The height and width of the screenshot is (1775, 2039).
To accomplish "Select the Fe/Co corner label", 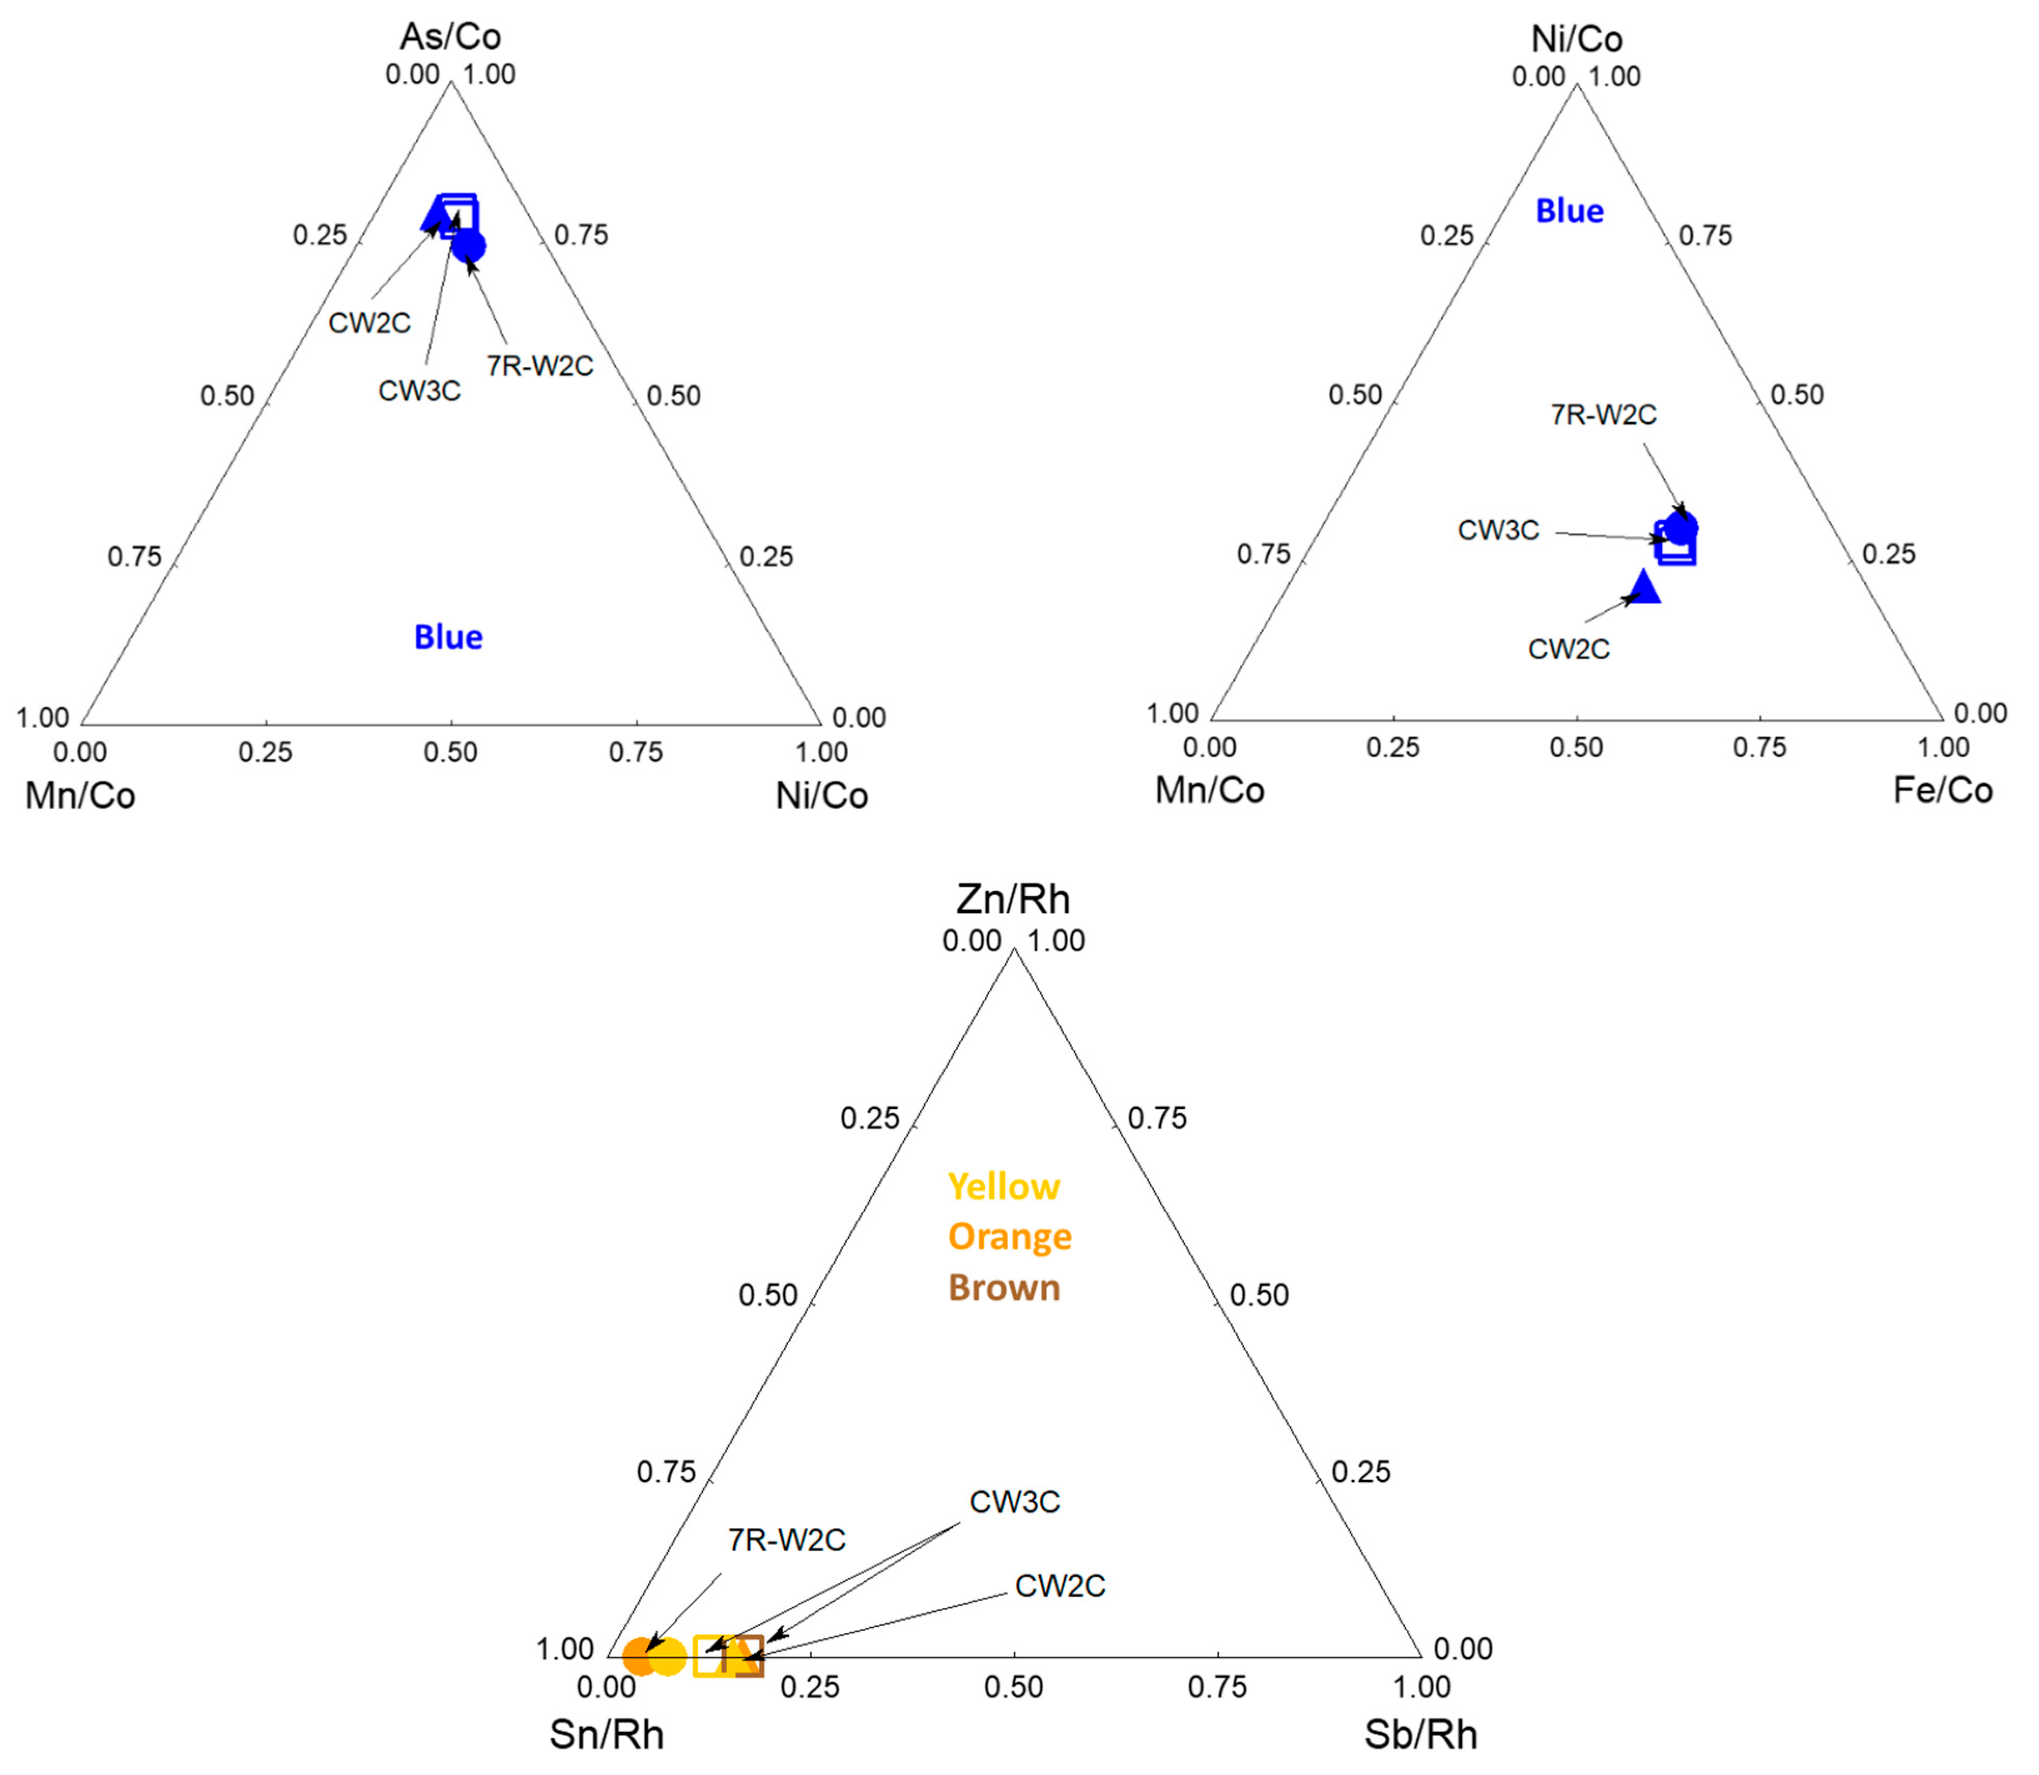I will coord(1942,791).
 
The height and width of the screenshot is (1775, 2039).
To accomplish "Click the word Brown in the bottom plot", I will coord(1004,1287).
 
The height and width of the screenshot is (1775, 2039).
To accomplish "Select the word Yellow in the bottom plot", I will coord(1004,1186).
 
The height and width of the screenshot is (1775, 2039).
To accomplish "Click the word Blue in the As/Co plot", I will coord(448,637).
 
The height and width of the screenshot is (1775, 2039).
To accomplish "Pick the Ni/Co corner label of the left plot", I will coord(821,795).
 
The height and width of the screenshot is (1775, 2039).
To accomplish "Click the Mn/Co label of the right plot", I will coord(1210,791).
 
